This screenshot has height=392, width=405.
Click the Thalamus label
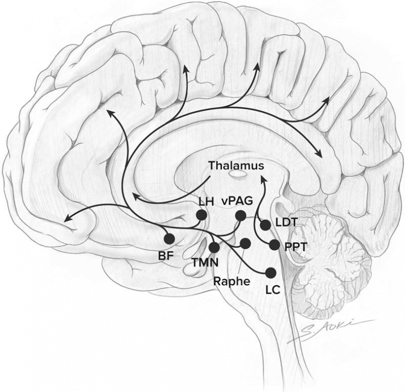click(x=236, y=166)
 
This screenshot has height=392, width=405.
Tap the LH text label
click(x=206, y=202)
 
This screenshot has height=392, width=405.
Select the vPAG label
click(x=237, y=201)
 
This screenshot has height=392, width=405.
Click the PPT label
click(x=295, y=247)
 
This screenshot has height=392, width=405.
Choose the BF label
click(x=166, y=256)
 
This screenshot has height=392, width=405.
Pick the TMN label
click(x=206, y=263)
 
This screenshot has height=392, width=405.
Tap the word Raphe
click(x=232, y=281)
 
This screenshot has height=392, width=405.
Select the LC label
click(x=273, y=290)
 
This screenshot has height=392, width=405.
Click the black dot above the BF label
click(x=170, y=239)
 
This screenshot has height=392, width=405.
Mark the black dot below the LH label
click(x=201, y=215)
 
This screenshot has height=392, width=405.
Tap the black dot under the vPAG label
click(x=240, y=216)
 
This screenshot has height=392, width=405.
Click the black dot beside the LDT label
click(x=266, y=225)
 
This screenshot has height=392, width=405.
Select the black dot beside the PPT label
click(x=274, y=244)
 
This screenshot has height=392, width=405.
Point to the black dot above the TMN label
click(x=214, y=247)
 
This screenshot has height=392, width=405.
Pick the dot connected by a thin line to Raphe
click(x=245, y=243)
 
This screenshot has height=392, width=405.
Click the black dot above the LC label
click(x=271, y=273)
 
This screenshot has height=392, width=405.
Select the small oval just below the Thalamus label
click(x=238, y=175)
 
